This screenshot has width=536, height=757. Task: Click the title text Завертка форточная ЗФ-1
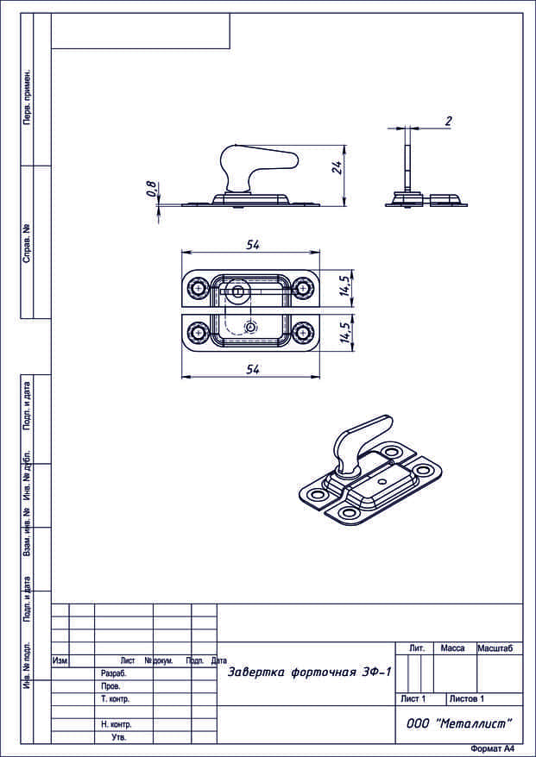coord(309,672)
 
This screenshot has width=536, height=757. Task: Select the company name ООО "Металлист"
coord(459,723)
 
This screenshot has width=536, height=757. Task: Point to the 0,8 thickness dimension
coord(152,189)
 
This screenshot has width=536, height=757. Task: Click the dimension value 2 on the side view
coord(448,121)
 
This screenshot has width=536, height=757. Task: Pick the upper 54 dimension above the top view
coord(252,245)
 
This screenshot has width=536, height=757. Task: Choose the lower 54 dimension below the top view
coord(253,369)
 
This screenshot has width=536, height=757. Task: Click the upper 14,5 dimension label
coord(344,285)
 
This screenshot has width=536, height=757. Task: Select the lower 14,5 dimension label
coord(344,332)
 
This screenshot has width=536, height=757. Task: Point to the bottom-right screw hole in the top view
coord(303,332)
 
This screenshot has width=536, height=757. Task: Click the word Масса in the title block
coord(453,648)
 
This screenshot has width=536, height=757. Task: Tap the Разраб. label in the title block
coord(114,673)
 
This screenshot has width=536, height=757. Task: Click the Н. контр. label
coord(116,725)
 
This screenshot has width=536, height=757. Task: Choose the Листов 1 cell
coord(466,698)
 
